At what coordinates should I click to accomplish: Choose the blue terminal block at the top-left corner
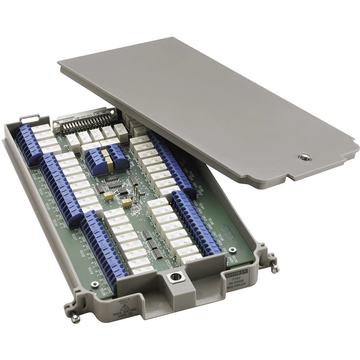(28, 144)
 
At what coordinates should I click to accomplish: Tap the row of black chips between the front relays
(151, 242)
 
